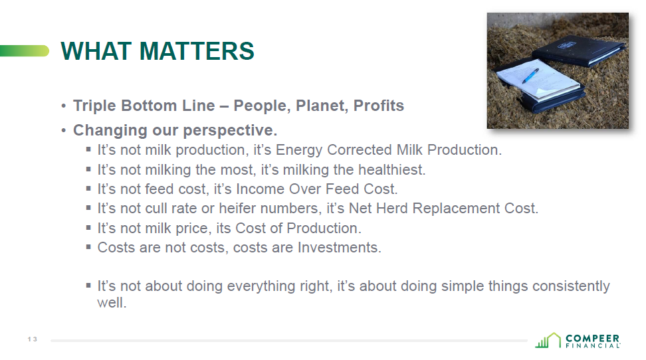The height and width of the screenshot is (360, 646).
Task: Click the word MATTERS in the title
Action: (197, 51)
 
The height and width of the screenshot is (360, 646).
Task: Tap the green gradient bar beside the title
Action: (25, 51)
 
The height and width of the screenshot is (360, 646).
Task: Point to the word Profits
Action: (379, 106)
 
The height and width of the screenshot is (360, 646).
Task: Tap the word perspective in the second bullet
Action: (230, 131)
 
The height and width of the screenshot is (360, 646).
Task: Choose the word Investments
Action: (340, 248)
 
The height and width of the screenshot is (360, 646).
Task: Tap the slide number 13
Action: (33, 339)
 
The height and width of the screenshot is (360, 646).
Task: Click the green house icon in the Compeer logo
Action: (548, 340)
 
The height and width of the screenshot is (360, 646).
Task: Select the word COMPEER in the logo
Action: (592, 339)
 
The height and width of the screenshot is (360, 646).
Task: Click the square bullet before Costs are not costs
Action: (88, 246)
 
